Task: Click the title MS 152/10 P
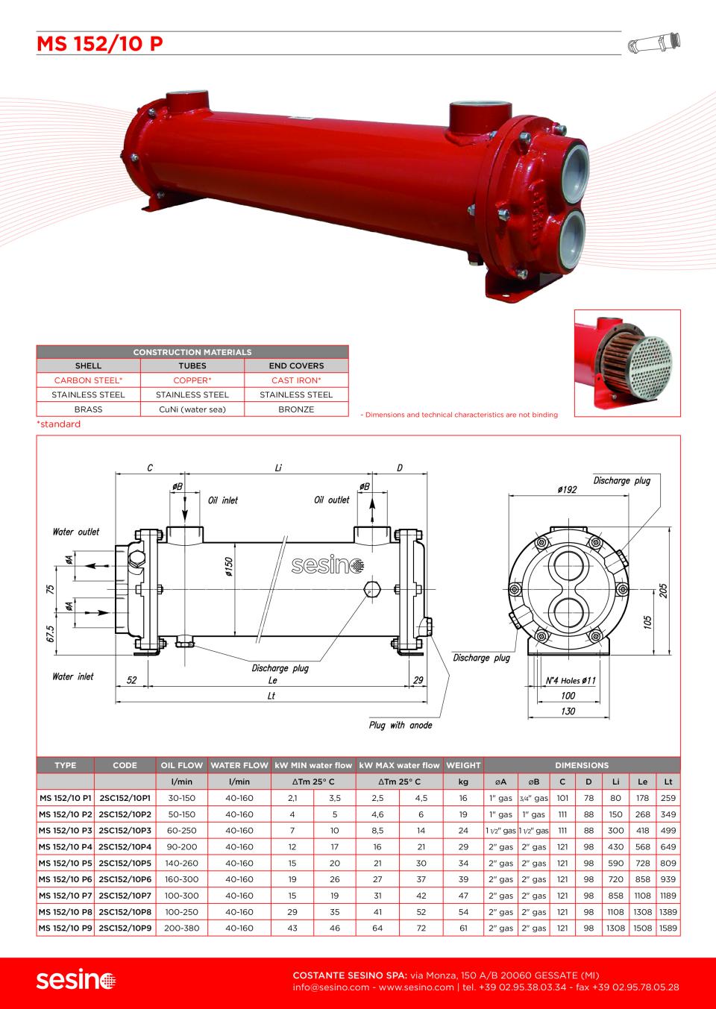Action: pyautogui.click(x=100, y=44)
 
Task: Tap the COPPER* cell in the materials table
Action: pyautogui.click(x=192, y=380)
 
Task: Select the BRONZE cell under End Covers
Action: pyautogui.click(x=296, y=409)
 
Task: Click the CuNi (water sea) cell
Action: pyautogui.click(x=192, y=409)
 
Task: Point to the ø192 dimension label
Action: pyautogui.click(x=567, y=489)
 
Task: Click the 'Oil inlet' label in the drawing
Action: pyautogui.click(x=222, y=500)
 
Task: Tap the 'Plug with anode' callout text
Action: pyautogui.click(x=401, y=725)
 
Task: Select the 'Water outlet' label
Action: pyautogui.click(x=75, y=532)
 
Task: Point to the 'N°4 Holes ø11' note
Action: pyautogui.click(x=571, y=680)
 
